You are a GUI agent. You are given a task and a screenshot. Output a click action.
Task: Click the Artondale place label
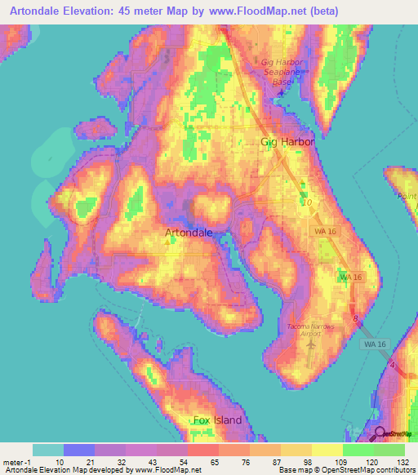click(189, 233)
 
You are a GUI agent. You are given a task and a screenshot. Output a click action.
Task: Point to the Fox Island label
click(217, 420)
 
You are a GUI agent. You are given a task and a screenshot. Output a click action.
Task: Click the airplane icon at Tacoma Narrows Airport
click(309, 344)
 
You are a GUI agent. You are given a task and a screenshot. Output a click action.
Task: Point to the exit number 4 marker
click(392, 365)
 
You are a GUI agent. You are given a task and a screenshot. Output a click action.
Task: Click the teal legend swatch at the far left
click(47, 450)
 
